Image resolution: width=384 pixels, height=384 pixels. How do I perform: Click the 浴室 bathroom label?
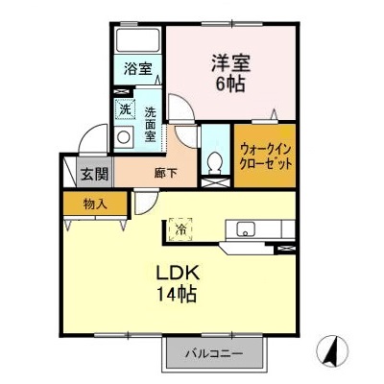point(137,68)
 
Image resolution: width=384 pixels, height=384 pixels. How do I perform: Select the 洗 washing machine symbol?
point(125,108)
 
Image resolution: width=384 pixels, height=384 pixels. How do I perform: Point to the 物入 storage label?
point(93,204)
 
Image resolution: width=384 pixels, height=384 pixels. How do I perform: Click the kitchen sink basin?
point(245,228)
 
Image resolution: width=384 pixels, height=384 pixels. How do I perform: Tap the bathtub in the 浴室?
point(137,41)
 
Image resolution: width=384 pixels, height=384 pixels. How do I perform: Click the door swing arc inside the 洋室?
point(180,108)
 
